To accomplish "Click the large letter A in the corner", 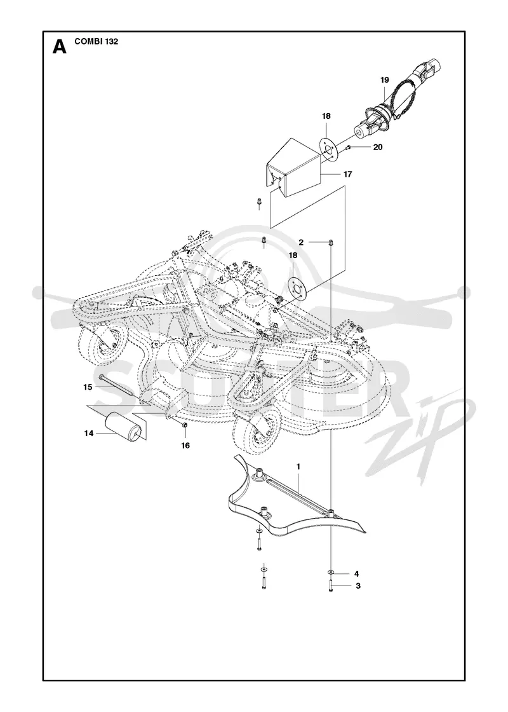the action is coord(60,47).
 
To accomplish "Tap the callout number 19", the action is coord(385,80).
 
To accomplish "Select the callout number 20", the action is coord(377,147).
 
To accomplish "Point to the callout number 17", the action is coord(347,174).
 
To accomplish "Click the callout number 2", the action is coord(301,242).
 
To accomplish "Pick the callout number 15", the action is coord(88,387).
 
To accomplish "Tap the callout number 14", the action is coord(88,434).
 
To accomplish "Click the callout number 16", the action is coord(185,446).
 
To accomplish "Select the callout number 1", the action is coord(298,467).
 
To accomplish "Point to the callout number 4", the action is coord(356,573).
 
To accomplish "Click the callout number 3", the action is coord(358,585).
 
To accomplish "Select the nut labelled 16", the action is coord(185,425).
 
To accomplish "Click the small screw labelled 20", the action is coord(349,147).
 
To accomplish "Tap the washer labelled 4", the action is coord(331,573).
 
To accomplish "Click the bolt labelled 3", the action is coord(331,585).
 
